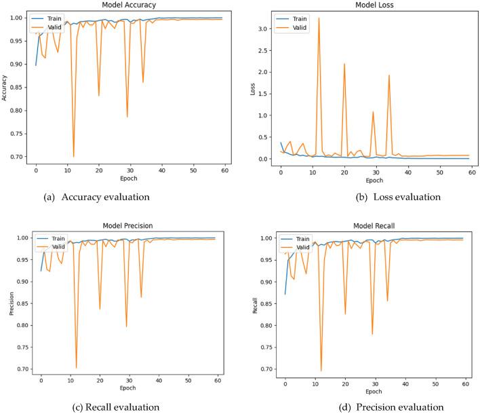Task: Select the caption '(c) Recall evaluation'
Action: (110, 407)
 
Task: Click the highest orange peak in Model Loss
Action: (319, 18)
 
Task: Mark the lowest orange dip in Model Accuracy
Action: (73, 157)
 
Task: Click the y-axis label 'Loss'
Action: (252, 88)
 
